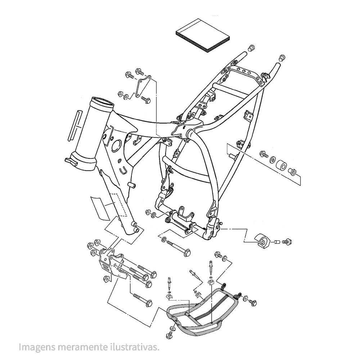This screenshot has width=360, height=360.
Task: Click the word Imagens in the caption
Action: pos(35,347)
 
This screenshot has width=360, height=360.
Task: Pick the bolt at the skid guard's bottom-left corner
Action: pos(171,334)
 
